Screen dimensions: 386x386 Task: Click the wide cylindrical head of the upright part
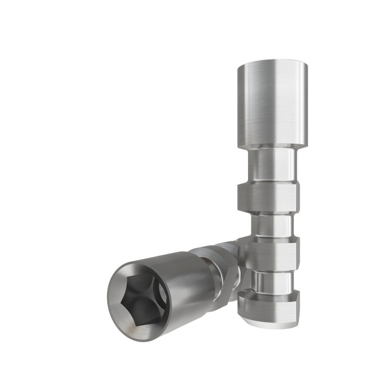pyautogui.click(x=272, y=104)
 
